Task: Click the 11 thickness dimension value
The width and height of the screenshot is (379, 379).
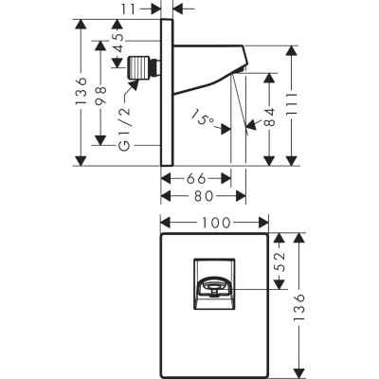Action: [x=128, y=9]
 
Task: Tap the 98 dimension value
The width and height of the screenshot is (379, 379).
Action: [x=100, y=95]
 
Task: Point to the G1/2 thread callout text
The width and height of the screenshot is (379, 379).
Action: [x=125, y=129]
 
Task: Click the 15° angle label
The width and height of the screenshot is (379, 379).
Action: [x=203, y=117]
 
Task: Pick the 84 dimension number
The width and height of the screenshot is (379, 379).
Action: [x=269, y=117]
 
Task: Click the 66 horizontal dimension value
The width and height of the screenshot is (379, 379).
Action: [x=196, y=179]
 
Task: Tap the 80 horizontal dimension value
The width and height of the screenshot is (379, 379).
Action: [x=204, y=196]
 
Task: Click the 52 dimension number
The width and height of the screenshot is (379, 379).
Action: [x=279, y=261]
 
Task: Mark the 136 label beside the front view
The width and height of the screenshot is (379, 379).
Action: [x=298, y=307]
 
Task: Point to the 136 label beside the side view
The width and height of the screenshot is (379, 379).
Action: [x=81, y=91]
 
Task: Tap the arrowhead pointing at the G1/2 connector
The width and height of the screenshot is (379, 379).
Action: [x=134, y=84]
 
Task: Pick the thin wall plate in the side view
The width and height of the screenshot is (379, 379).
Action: [x=167, y=92]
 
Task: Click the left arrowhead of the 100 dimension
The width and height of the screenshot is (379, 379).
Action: [x=166, y=223]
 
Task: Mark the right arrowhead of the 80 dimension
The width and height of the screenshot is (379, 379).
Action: [x=241, y=196]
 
